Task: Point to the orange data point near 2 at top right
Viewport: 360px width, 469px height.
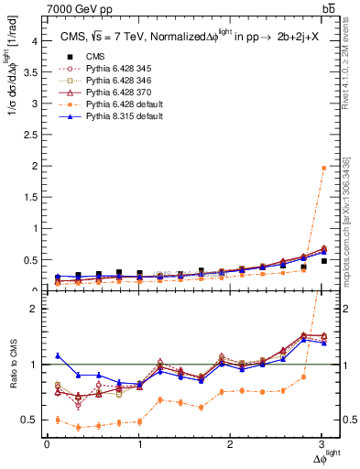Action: tap(323, 168)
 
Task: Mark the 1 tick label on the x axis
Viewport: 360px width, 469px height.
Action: tap(139, 443)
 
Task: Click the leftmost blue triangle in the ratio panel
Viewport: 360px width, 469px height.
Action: tap(58, 355)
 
